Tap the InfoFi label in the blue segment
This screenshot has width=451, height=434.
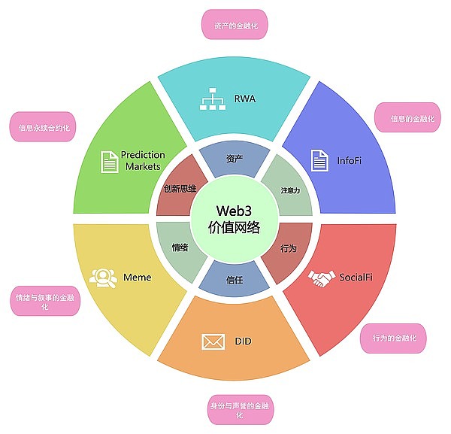pyautogui.click(x=350, y=159)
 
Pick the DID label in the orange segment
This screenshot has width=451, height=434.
pyautogui.click(x=242, y=341)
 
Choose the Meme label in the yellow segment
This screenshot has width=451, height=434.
pyautogui.click(x=138, y=278)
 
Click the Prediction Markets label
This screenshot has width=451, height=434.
pyautogui.click(x=143, y=160)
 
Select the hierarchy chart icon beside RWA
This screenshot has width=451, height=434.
pyautogui.click(x=211, y=99)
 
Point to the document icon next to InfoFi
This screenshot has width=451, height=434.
pyautogui.click(x=319, y=160)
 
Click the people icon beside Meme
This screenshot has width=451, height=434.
pyautogui.click(x=101, y=278)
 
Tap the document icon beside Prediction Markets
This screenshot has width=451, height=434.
pyautogui.click(x=109, y=161)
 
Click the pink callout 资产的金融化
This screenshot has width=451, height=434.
pyautogui.click(x=235, y=25)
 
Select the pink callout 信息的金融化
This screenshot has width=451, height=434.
pyautogui.click(x=408, y=118)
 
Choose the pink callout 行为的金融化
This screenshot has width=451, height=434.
pyautogui.click(x=393, y=338)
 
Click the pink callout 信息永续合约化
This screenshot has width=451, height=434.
pyautogui.click(x=44, y=127)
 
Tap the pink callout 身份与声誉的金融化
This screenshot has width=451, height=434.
pyautogui.click(x=242, y=411)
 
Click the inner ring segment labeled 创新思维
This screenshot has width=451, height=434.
pyautogui.click(x=180, y=189)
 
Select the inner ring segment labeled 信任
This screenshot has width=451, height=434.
pyautogui.click(x=235, y=280)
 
